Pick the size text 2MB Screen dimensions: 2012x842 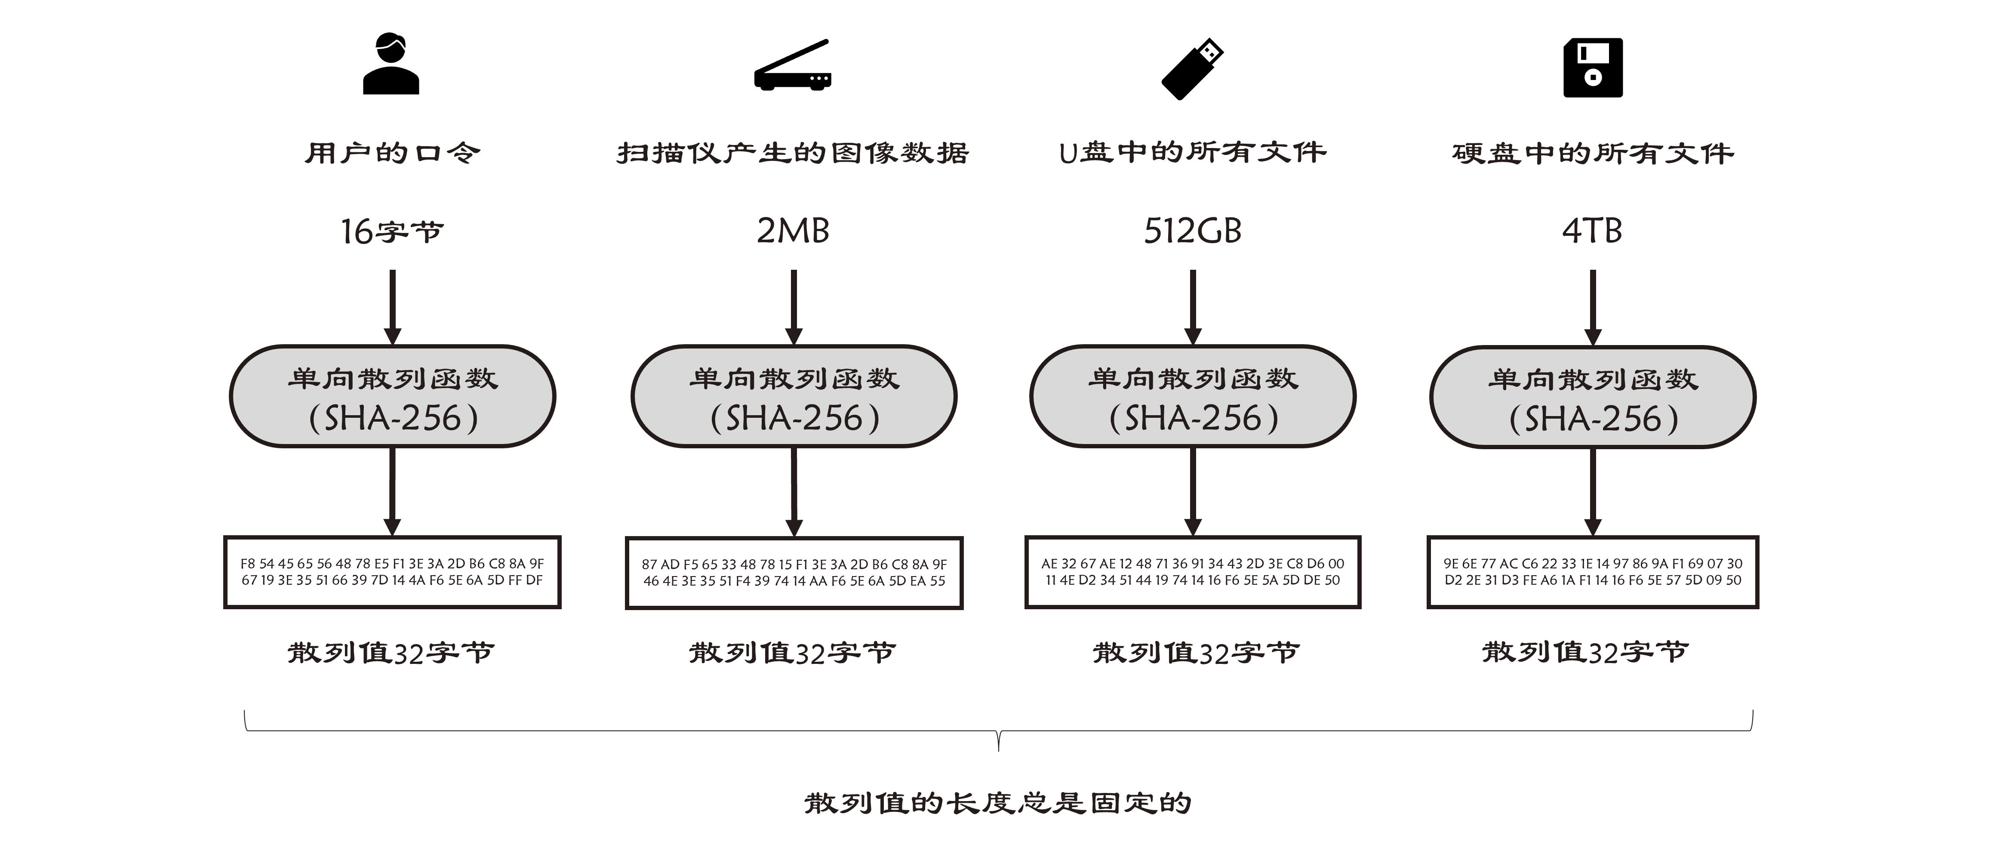[x=793, y=231]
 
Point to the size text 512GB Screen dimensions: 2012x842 [x=1193, y=231]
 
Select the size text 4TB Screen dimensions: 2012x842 [x=1593, y=231]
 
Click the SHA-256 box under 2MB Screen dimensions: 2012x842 [x=794, y=396]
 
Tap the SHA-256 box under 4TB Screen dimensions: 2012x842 [x=1593, y=397]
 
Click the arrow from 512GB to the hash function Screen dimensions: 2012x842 [x=1193, y=307]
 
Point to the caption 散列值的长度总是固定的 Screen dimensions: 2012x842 [x=998, y=802]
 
